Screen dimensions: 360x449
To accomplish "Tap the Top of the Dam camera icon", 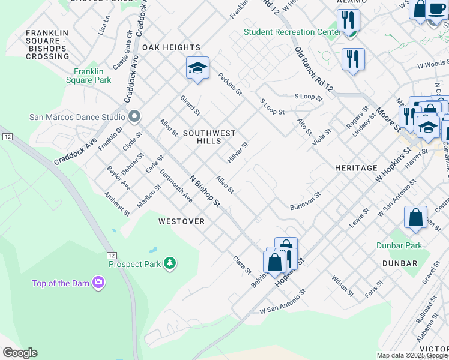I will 98,282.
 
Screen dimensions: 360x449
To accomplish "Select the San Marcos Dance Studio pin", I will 134,116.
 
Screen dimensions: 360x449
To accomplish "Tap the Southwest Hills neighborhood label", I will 209,137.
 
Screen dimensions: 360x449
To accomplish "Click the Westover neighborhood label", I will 182,221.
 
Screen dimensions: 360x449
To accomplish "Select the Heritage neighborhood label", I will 356,168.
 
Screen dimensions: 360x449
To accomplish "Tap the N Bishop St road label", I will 204,191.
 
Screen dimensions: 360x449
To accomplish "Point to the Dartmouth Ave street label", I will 176,186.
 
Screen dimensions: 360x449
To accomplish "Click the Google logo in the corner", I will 20,353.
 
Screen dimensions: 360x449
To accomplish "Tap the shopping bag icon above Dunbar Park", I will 415,218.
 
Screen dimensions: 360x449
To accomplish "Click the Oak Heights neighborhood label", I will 171,47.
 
